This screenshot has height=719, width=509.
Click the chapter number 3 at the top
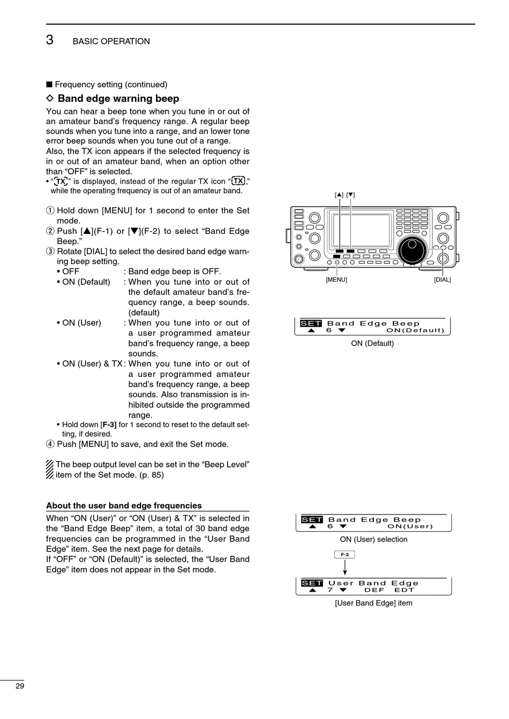click(50, 40)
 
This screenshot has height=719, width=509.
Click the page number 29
click(20, 686)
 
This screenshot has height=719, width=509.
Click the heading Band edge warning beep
click(118, 99)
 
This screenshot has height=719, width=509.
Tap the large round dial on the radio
click(412, 249)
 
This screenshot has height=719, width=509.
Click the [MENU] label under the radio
click(336, 280)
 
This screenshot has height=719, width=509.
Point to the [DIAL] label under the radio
click(443, 280)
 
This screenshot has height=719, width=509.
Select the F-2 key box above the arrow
click(345, 555)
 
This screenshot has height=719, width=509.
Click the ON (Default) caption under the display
click(372, 344)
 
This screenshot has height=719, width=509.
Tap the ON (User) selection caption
click(373, 540)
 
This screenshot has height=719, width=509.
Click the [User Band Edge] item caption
click(373, 603)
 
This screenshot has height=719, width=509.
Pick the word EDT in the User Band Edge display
click(405, 590)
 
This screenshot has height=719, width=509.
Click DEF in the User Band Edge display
click(374, 590)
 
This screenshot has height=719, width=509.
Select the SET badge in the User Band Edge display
click(312, 583)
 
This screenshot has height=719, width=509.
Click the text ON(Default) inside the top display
click(415, 330)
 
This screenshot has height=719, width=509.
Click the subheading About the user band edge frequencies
click(124, 506)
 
